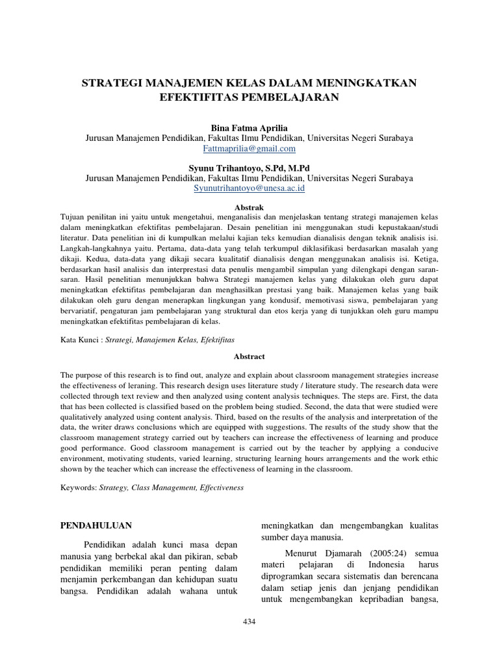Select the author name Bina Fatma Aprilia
tap(249, 129)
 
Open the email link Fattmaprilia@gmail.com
tap(249, 148)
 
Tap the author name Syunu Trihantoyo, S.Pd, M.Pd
tap(249, 168)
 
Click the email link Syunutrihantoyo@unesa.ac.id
tap(249, 188)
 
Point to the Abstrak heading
tap(249, 207)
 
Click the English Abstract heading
tap(249, 357)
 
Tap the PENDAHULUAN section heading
tap(96, 525)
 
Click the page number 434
tap(249, 621)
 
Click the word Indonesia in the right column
tap(383, 565)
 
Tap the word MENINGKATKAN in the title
tap(367, 83)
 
